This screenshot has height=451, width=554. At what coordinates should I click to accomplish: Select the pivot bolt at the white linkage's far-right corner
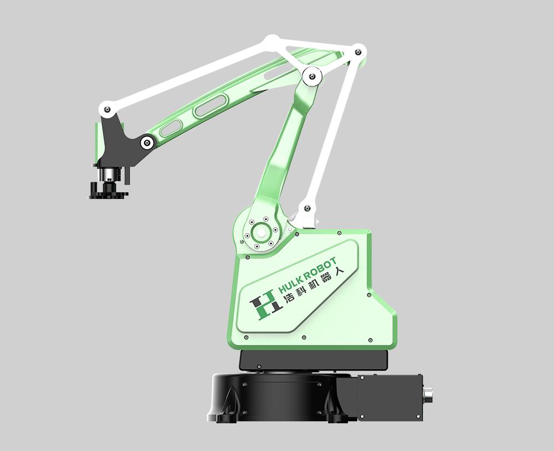358,52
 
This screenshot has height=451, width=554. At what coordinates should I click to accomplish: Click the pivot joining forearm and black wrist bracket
147,142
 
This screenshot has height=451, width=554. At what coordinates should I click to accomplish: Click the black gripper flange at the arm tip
108,191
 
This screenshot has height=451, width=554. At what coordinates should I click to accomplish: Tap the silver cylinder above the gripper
109,175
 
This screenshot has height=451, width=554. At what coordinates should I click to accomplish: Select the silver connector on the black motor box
429,397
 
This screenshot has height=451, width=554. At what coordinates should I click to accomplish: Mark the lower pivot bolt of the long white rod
307,209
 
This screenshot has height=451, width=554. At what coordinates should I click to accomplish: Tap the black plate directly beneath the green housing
313,361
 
